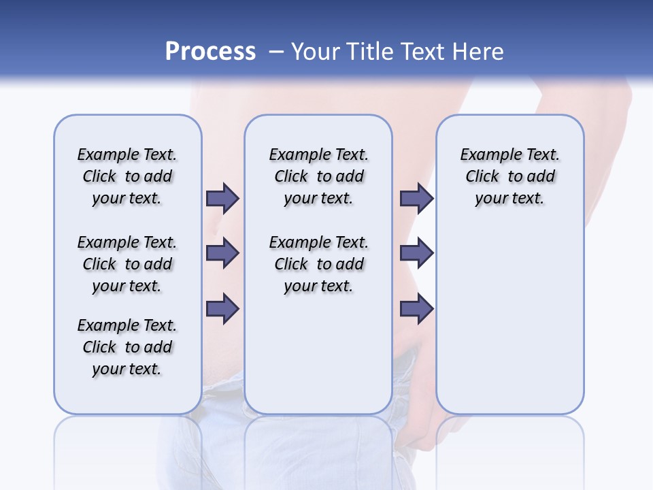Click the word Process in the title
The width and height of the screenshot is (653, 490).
pos(210,51)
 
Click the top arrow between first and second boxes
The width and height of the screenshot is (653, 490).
pos(222,198)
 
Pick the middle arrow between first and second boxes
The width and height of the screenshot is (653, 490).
pos(222,253)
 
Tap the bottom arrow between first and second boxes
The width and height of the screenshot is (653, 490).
pos(222,309)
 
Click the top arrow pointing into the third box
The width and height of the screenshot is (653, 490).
pos(416,198)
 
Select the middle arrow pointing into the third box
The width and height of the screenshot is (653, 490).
pos(416,253)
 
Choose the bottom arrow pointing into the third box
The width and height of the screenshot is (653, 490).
pos(416,309)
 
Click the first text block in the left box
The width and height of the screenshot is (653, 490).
pos(127,176)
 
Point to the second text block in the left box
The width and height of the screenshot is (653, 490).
pos(127,264)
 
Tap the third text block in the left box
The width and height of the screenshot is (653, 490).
pos(127,347)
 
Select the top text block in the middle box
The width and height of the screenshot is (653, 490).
pos(318,176)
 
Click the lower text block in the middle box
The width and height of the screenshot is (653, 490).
pos(318,264)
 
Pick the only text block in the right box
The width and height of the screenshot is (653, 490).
pos(509,176)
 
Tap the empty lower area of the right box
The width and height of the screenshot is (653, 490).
pos(509,320)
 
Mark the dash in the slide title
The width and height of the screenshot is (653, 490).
pos(276,52)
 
